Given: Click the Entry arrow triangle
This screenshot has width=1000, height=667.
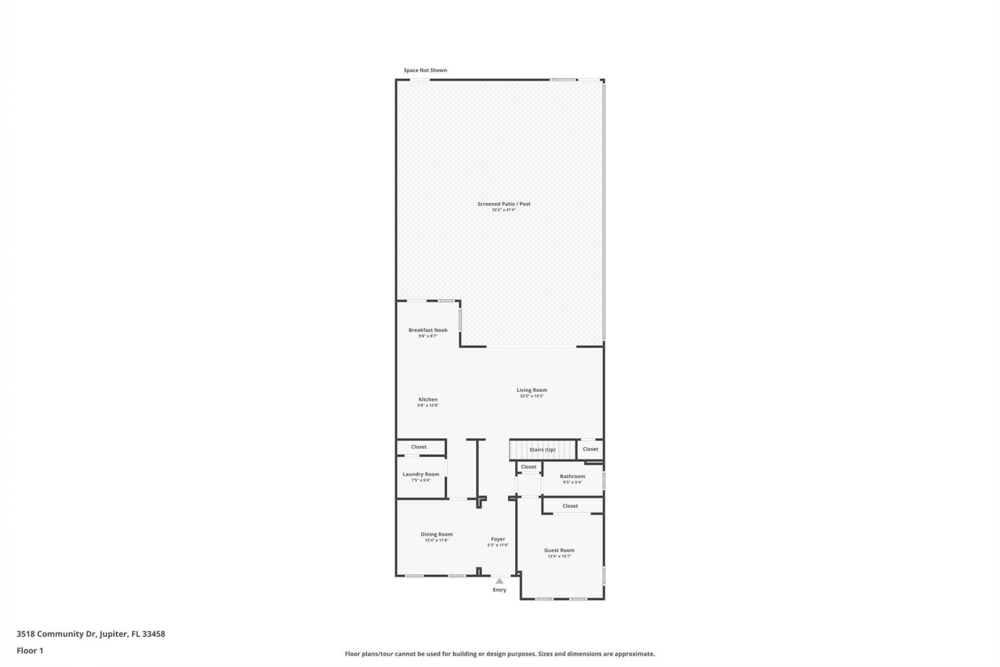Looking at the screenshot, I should (499, 581).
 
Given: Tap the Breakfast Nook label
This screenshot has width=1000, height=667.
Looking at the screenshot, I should (428, 330).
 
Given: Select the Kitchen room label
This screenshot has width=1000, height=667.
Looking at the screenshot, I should (428, 399).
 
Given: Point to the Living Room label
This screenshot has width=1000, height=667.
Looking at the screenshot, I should (532, 390).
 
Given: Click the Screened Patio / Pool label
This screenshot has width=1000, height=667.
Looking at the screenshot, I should (504, 204).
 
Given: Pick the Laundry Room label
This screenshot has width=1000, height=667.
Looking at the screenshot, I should (421, 474).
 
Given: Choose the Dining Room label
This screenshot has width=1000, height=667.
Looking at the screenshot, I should (436, 534).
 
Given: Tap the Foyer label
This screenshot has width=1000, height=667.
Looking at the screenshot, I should (498, 539).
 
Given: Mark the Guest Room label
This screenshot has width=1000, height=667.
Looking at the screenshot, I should (559, 550).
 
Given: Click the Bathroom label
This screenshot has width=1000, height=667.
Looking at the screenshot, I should (572, 476).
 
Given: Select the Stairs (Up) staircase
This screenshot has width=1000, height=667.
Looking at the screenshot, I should (542, 450).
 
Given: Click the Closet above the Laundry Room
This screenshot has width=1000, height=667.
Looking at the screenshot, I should (419, 447).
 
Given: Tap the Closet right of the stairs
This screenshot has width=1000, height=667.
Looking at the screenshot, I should (591, 449).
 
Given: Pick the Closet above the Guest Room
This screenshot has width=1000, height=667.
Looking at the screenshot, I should (570, 506).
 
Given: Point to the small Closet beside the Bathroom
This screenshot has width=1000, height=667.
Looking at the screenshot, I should (529, 467).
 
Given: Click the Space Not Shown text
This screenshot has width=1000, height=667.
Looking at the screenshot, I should (425, 70).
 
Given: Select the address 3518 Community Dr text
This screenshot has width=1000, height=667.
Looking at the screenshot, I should (91, 634).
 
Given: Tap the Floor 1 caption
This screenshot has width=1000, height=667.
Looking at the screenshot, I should (30, 651).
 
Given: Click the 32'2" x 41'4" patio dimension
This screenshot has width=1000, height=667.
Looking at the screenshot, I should (504, 210).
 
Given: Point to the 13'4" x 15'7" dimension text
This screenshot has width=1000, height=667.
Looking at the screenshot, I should (559, 557).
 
